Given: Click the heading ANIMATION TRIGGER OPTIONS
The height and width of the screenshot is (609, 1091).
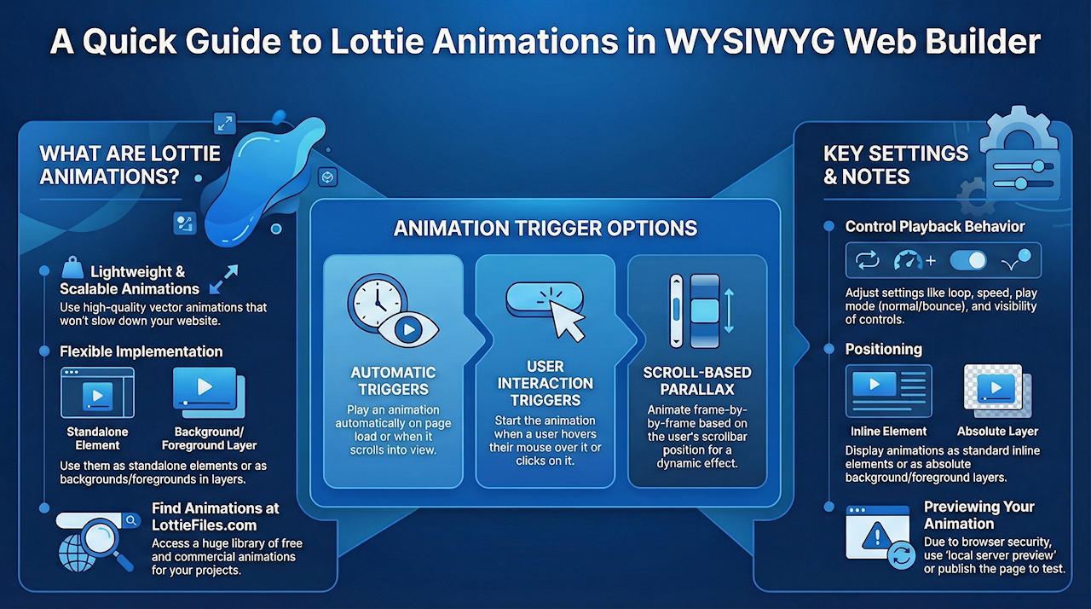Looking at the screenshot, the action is tap(545, 229).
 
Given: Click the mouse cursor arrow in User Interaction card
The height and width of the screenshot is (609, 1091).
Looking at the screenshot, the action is tap(567, 320).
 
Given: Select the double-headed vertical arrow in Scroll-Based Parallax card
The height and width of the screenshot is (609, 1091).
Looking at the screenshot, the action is tap(729, 310).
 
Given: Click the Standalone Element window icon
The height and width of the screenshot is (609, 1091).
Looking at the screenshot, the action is tap(97, 392).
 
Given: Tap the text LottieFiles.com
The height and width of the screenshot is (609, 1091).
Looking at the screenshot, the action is tap(204, 525).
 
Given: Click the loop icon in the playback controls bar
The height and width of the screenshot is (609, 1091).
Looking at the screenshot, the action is tap(868, 261).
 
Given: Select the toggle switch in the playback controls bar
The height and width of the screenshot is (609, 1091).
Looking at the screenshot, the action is tap(968, 261).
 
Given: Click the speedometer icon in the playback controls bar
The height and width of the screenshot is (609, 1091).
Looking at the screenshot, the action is tap(908, 261).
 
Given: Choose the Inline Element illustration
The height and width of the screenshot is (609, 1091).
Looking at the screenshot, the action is tap(889, 391).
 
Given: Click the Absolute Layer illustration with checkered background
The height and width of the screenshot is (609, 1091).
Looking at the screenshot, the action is tap(997, 391).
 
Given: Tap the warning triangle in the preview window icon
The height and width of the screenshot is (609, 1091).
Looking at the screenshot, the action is tap(877, 536).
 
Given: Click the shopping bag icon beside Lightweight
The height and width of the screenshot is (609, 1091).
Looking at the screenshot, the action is tap(72, 268).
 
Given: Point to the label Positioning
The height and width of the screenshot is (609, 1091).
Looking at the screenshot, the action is tap(884, 350).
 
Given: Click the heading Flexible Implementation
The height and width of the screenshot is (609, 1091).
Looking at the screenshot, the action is tap(141, 351).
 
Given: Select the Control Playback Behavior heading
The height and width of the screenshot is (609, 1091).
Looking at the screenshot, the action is tap(935, 227).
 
